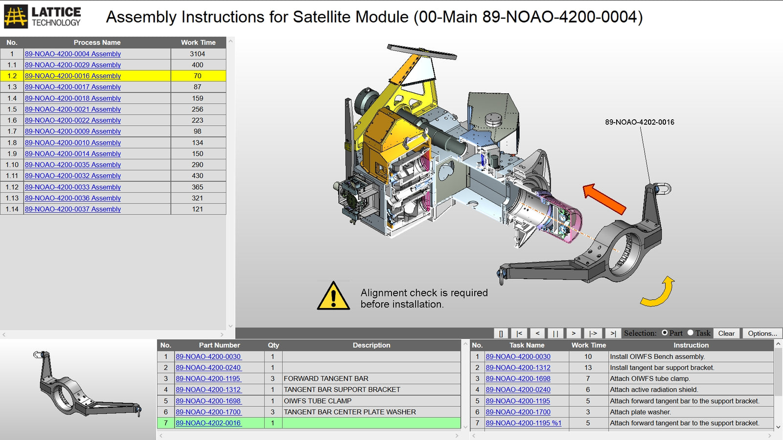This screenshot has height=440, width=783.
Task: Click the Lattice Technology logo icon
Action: pyautogui.click(x=16, y=16)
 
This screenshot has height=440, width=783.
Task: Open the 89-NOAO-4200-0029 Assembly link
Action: pyautogui.click(x=72, y=65)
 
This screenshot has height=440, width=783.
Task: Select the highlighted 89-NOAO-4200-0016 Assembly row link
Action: pyautogui.click(x=72, y=76)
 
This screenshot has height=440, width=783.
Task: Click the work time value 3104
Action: pyautogui.click(x=197, y=54)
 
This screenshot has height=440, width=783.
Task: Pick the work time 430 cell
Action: pyautogui.click(x=197, y=176)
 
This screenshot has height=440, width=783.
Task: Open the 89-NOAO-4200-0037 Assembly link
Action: pyautogui.click(x=72, y=209)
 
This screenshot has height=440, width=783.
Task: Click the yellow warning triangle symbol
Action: pyautogui.click(x=333, y=296)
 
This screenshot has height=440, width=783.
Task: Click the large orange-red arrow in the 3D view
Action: pyautogui.click(x=605, y=198)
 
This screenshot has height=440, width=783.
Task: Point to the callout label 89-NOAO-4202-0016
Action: pyautogui.click(x=639, y=122)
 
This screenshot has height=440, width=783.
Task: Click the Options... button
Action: pyautogui.click(x=762, y=333)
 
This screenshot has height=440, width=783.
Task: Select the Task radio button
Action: pyautogui.click(x=691, y=333)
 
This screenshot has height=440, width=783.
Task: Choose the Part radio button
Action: pyautogui.click(x=665, y=333)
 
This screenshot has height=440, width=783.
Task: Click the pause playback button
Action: pyautogui.click(x=555, y=333)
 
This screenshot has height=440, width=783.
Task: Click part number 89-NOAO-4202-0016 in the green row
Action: pyautogui.click(x=208, y=423)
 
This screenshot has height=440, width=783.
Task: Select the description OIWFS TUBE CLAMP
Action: pyautogui.click(x=318, y=401)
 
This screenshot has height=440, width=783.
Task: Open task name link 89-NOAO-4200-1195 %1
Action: pyautogui.click(x=523, y=423)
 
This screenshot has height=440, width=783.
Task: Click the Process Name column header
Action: pyautogui.click(x=97, y=43)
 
